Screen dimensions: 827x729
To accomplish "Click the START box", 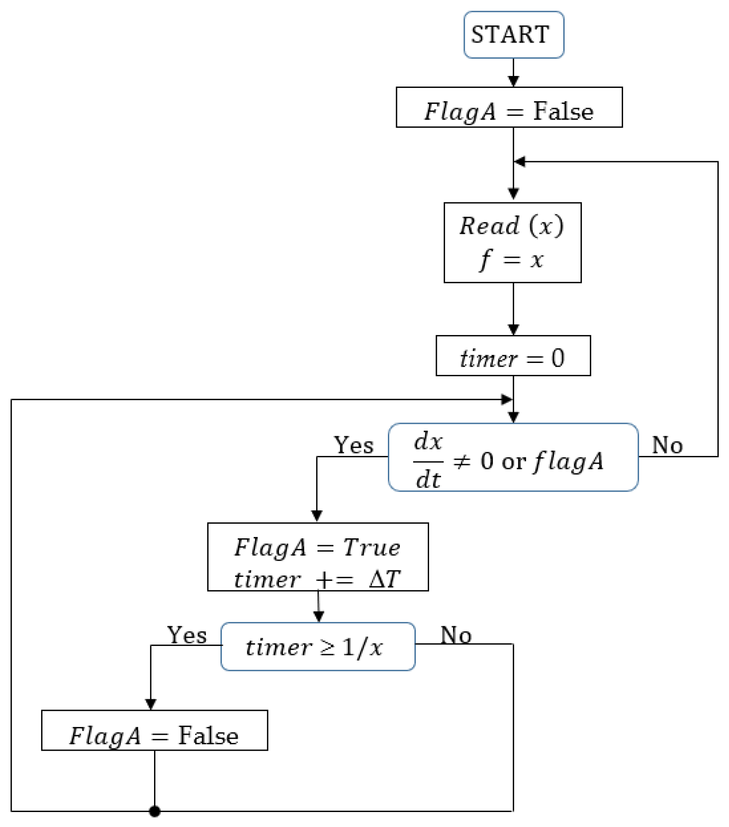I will click(513, 34).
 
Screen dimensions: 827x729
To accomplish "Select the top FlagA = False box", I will click(509, 107).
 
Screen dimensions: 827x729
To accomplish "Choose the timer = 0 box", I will click(513, 356).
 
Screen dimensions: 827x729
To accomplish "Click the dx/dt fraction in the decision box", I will click(428, 461).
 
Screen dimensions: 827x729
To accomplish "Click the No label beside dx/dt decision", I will click(667, 445).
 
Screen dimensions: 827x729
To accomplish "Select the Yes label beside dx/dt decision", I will click(354, 445).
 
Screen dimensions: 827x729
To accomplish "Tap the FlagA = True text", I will click(317, 548).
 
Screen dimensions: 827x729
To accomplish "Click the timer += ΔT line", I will click(317, 580).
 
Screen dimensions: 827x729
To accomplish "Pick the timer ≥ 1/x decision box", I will click(318, 647).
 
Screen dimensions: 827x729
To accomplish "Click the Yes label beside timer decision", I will click(187, 635).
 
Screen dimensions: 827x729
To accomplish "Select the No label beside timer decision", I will click(456, 635).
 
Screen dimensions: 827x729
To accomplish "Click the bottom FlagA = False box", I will click(154, 736).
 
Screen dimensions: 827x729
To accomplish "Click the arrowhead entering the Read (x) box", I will click(513, 194).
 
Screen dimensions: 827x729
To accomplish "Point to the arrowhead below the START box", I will click(513, 81).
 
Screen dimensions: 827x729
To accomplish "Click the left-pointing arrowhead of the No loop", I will click(520, 162).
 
